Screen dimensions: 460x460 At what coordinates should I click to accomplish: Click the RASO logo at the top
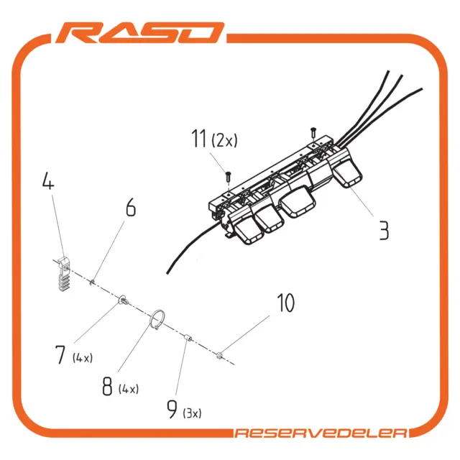pyautogui.click(x=140, y=32)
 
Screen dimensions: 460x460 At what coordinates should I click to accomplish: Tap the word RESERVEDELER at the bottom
pyautogui.click(x=321, y=433)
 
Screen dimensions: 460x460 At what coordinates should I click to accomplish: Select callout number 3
pyautogui.click(x=384, y=231)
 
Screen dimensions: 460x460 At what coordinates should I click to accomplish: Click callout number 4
pyautogui.click(x=48, y=180)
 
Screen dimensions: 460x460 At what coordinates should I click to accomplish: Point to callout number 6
pyautogui.click(x=131, y=207)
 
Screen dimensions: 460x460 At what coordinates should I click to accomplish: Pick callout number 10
pyautogui.click(x=285, y=303)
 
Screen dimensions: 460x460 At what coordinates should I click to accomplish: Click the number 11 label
pyautogui.click(x=198, y=138)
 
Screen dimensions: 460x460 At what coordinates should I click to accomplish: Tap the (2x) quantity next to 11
pyautogui.click(x=224, y=140)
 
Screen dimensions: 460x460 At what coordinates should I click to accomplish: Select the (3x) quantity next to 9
pyautogui.click(x=192, y=413)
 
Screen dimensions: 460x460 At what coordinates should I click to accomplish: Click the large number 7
pyautogui.click(x=60, y=354)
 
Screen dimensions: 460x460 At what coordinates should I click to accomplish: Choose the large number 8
pyautogui.click(x=107, y=386)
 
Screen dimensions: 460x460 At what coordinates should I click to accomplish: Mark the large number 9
pyautogui.click(x=172, y=409)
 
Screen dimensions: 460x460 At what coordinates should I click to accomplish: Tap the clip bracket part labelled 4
pyautogui.click(x=64, y=274)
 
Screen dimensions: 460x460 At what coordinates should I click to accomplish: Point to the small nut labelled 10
pyautogui.click(x=219, y=356)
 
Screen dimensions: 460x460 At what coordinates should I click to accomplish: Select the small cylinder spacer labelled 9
pyautogui.click(x=188, y=338)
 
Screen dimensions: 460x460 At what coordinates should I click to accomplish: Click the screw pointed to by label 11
pyautogui.click(x=229, y=177)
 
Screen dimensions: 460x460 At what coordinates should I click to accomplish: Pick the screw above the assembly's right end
pyautogui.click(x=313, y=132)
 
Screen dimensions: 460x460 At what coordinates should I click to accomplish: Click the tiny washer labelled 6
pyautogui.click(x=92, y=282)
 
